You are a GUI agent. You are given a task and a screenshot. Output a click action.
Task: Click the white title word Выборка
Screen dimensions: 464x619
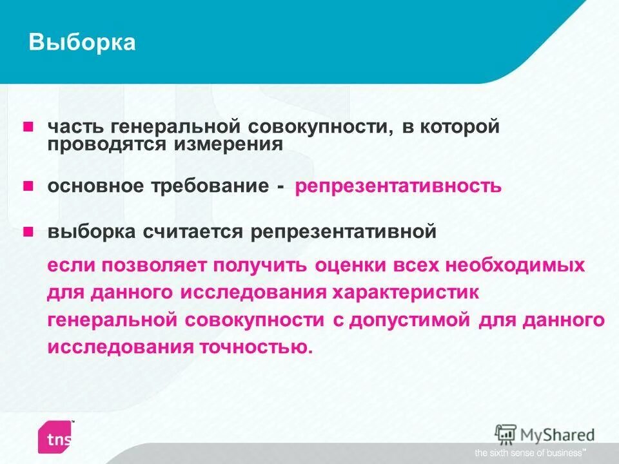click(x=83, y=43)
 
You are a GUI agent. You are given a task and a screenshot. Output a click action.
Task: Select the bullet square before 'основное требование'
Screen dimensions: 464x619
click(x=28, y=186)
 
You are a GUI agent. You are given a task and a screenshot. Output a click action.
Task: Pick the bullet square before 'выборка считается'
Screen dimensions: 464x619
click(x=28, y=231)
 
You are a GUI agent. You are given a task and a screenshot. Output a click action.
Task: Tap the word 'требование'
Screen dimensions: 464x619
click(x=210, y=187)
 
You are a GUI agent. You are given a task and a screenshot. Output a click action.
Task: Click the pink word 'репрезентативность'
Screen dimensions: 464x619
click(x=398, y=187)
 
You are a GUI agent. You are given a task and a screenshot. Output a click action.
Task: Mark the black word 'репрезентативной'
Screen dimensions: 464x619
click(x=344, y=232)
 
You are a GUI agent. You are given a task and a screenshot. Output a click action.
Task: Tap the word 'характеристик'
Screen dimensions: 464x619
click(x=406, y=293)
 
